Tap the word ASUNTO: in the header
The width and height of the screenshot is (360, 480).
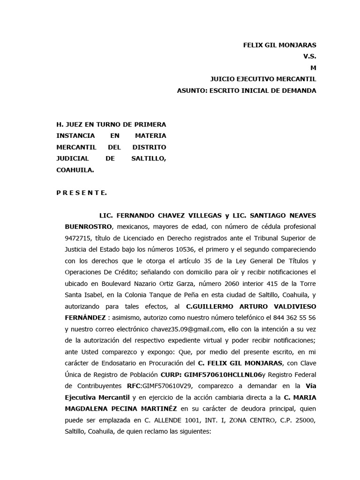tap(194, 90)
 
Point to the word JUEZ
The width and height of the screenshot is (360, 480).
tap(75, 124)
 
